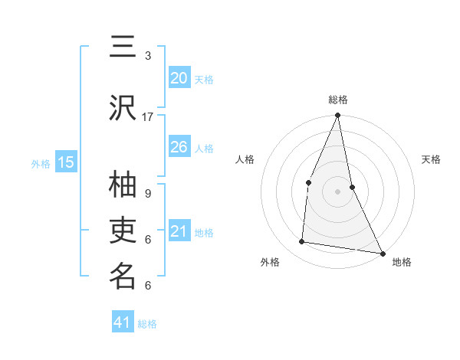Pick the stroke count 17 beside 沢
(148, 117)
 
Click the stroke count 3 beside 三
(148, 56)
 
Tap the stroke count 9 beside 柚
(148, 193)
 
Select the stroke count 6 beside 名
(148, 286)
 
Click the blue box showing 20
(179, 78)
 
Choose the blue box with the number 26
(179, 147)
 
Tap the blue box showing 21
(179, 231)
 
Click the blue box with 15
(66, 162)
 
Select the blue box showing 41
(123, 323)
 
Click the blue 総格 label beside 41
(147, 324)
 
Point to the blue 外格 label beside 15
(41, 163)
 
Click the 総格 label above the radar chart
(337, 100)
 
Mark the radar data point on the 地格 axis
(382, 253)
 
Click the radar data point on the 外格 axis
(302, 242)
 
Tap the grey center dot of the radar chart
(337, 191)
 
